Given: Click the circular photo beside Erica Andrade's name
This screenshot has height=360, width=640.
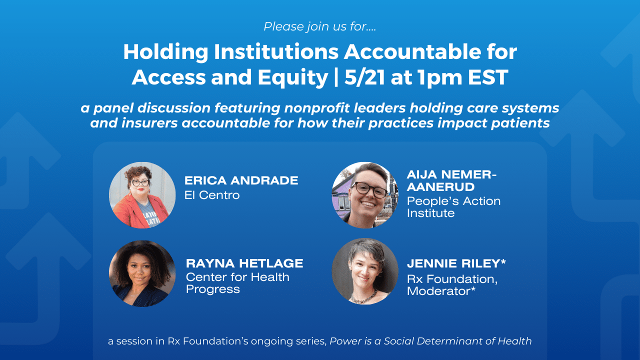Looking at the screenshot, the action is coord(142,195).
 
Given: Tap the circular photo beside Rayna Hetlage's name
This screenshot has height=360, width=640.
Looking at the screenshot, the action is coord(142,273).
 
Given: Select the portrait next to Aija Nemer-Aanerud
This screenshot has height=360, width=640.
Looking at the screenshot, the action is coord(365,195).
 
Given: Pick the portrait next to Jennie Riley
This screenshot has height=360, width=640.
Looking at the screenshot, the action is coord(365,271).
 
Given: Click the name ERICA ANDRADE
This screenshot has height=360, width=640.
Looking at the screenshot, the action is coord(241,180).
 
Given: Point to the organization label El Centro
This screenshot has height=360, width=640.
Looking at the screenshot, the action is coord(212,195).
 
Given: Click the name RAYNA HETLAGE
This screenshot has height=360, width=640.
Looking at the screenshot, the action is coord(244,263).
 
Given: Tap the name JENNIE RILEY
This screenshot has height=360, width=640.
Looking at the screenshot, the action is coord(453,263).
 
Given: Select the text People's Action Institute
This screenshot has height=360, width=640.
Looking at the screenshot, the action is coord(453,207).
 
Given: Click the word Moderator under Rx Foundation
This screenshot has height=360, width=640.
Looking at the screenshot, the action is coord(438,291).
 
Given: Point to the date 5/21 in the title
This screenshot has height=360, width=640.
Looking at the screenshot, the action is coord(364,77).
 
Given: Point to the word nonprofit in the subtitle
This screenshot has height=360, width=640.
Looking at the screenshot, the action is coord(317,108).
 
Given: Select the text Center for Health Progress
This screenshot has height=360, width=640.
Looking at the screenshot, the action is coord(237,283).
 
